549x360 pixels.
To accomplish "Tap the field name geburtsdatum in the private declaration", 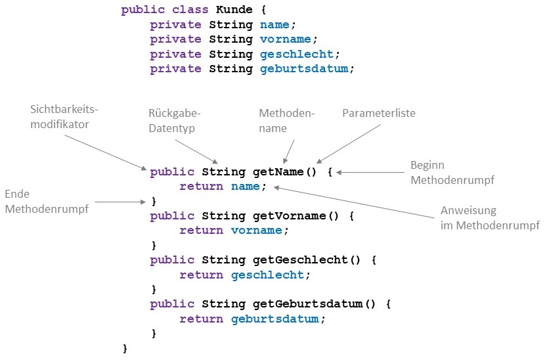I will (x=308, y=68).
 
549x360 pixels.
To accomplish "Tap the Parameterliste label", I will (x=379, y=114).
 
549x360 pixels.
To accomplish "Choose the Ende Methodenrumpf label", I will (x=46, y=202).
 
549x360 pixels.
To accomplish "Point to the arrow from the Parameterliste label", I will (x=348, y=143).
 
